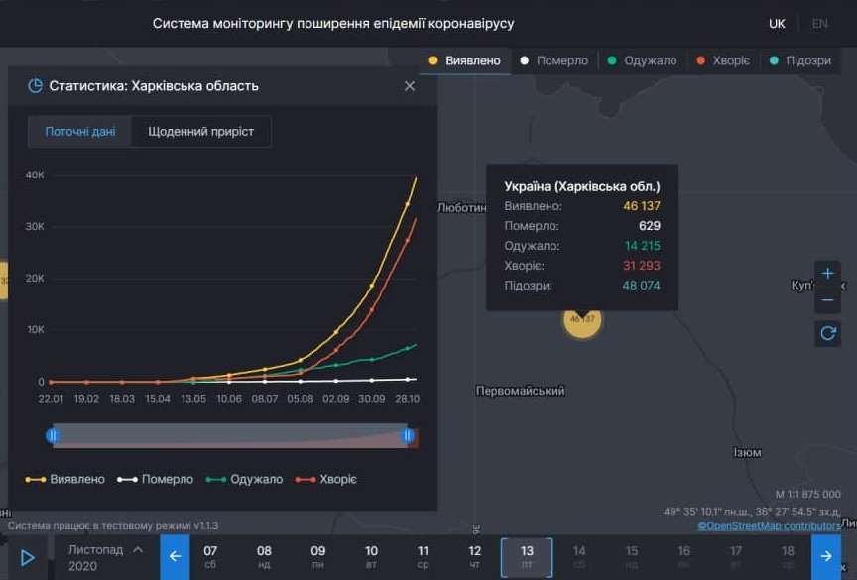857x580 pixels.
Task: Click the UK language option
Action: pyautogui.click(x=777, y=23)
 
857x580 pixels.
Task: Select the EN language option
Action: pyautogui.click(x=819, y=23)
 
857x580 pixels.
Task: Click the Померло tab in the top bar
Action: pyautogui.click(x=554, y=60)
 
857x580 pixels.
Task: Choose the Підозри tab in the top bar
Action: pyautogui.click(x=800, y=60)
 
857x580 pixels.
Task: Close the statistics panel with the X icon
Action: pyautogui.click(x=410, y=86)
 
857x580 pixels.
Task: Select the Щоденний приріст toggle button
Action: pyautogui.click(x=200, y=131)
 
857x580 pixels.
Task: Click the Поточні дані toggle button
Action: pyautogui.click(x=80, y=131)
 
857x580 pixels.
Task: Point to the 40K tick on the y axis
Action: pyautogui.click(x=35, y=175)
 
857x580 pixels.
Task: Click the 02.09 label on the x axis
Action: pyautogui.click(x=336, y=398)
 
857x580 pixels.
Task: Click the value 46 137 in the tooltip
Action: pyautogui.click(x=641, y=206)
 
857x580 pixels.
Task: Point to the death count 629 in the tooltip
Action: pyautogui.click(x=649, y=226)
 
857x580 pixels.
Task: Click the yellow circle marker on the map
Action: pyautogui.click(x=582, y=319)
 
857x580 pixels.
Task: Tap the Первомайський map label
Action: pyautogui.click(x=520, y=391)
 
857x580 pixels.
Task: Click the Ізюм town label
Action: pyautogui.click(x=747, y=452)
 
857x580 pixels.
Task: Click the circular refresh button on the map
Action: pyautogui.click(x=827, y=333)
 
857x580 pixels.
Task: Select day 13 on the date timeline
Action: pyautogui.click(x=527, y=556)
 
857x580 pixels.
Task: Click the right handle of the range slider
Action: pyautogui.click(x=406, y=435)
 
